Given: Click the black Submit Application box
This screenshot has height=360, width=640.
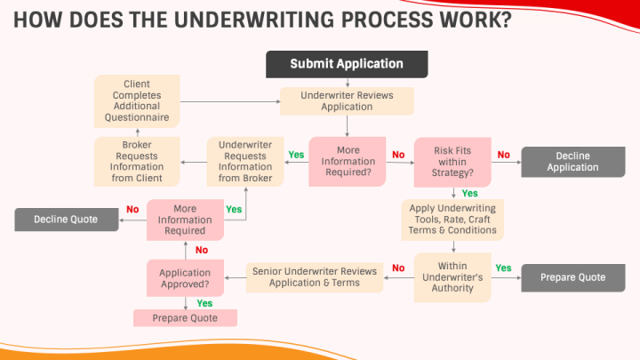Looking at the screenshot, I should coord(347,64).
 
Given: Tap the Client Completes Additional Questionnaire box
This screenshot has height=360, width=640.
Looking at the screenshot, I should coord(137,100).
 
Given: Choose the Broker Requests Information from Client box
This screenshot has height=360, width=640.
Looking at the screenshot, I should coord(137,161).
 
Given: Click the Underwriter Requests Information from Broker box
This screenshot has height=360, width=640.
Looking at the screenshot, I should coord(245,161).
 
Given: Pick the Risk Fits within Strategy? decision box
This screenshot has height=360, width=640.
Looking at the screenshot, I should coord(452,161).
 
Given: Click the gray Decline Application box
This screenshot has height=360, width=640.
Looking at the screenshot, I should coord(572,162).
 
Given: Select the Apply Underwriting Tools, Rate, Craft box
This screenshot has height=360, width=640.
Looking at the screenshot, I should coord(452,219).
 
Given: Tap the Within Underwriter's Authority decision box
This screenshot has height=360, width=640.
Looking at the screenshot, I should coord(452,277).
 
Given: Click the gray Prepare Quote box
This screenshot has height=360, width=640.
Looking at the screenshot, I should coord(572,277).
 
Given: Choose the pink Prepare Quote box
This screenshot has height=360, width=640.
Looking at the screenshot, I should coord(185,317).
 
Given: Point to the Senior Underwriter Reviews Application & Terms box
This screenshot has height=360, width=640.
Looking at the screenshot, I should coord(314,277).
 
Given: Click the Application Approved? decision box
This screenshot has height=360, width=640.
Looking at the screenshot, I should coord(185,278).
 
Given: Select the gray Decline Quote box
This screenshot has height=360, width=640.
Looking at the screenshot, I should coord(66,219).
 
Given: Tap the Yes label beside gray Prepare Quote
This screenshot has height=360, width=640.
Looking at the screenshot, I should coord(503,268).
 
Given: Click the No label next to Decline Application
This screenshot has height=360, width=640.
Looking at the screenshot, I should coord(503,154).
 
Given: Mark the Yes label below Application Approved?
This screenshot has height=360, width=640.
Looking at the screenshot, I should coord(204,303).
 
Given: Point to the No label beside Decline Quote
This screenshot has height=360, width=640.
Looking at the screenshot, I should coord(132,210).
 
